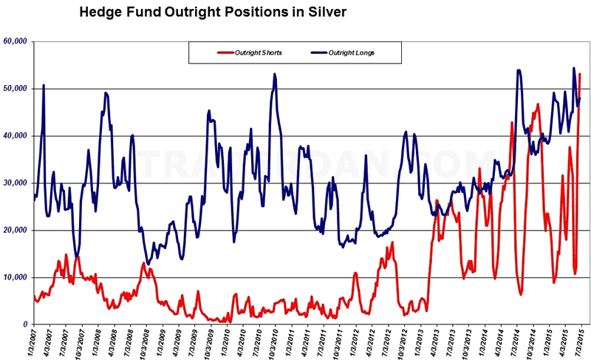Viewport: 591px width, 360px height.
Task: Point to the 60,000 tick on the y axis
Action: click(16, 41)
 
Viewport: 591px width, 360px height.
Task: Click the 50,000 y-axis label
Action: click(16, 88)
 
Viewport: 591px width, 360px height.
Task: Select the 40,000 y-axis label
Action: click(16, 135)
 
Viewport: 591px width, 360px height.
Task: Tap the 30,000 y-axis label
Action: click(16, 183)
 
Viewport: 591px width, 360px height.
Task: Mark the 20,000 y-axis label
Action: click(16, 230)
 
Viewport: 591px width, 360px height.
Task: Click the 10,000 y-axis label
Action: click(16, 277)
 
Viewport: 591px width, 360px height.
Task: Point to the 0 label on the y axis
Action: click(25, 325)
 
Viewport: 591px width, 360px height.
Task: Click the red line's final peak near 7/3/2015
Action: click(580, 74)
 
